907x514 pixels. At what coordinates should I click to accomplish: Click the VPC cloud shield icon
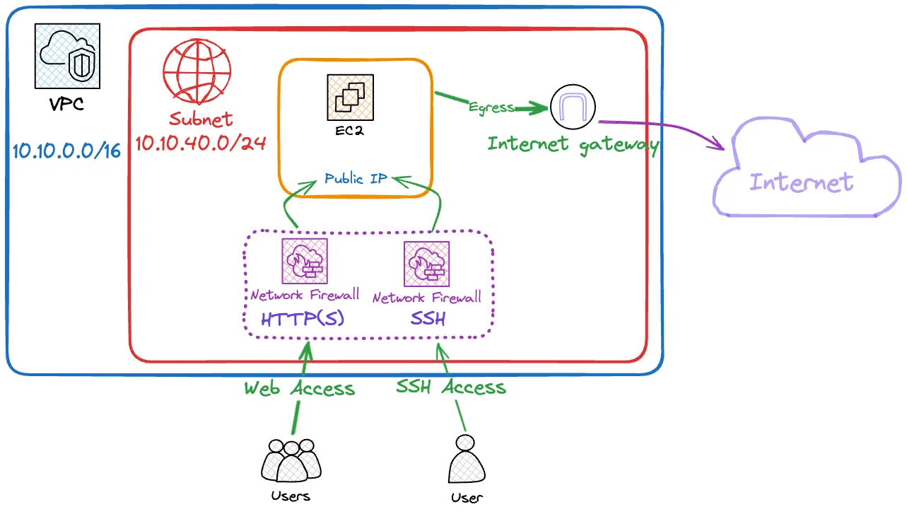[67, 56]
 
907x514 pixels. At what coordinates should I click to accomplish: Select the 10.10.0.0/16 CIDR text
[67, 151]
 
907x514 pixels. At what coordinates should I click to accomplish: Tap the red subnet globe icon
[197, 71]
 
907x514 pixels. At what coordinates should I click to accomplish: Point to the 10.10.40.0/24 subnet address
[201, 144]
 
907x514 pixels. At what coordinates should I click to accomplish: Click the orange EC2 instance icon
[350, 97]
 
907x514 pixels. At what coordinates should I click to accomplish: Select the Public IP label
[356, 178]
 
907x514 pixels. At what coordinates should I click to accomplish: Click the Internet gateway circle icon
[573, 107]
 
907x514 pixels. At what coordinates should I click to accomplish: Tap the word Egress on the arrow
[491, 107]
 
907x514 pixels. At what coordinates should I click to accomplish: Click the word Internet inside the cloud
[802, 182]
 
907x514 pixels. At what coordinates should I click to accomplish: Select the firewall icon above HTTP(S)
[305, 261]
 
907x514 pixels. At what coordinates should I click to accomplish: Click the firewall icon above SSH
[426, 264]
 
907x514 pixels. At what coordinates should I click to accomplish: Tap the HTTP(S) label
[303, 319]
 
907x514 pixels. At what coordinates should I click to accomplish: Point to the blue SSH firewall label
[428, 319]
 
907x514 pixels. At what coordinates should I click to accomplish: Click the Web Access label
[300, 388]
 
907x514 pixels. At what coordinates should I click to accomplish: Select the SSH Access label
[451, 387]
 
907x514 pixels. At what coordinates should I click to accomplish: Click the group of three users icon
[291, 460]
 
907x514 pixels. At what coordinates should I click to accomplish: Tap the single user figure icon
[467, 459]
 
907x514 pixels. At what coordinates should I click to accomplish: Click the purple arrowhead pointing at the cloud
[718, 143]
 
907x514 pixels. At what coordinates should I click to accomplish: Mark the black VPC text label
[67, 105]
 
